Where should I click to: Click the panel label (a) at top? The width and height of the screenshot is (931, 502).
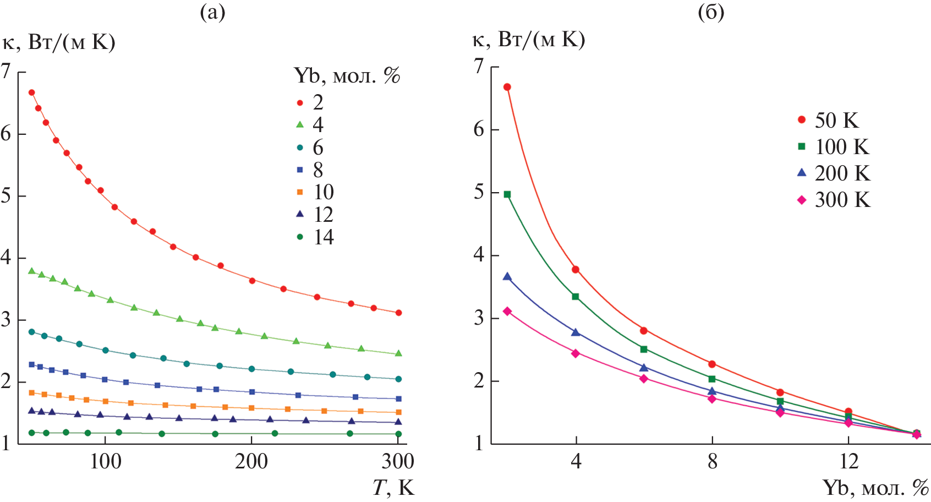pos(212,12)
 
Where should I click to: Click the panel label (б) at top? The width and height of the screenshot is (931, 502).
pos(711,12)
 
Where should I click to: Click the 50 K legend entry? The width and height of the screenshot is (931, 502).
pos(829,120)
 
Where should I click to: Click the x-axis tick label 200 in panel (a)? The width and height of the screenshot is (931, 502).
pos(251,461)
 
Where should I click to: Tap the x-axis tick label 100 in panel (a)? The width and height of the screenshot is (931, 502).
pos(105,461)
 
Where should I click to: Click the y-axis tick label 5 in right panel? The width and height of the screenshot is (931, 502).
pos(479,193)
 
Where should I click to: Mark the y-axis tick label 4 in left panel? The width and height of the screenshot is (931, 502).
pos(6,257)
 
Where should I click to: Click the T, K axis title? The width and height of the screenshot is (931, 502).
pos(393,488)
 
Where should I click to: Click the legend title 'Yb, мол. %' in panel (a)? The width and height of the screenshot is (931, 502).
pos(347,75)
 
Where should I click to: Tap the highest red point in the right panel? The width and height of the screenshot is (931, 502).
pos(507,87)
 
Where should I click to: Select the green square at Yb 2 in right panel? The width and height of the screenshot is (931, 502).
pos(507,194)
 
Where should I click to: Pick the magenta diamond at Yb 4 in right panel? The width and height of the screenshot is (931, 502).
pos(576,353)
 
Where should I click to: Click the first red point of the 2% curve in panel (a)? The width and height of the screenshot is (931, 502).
pos(31,92)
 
